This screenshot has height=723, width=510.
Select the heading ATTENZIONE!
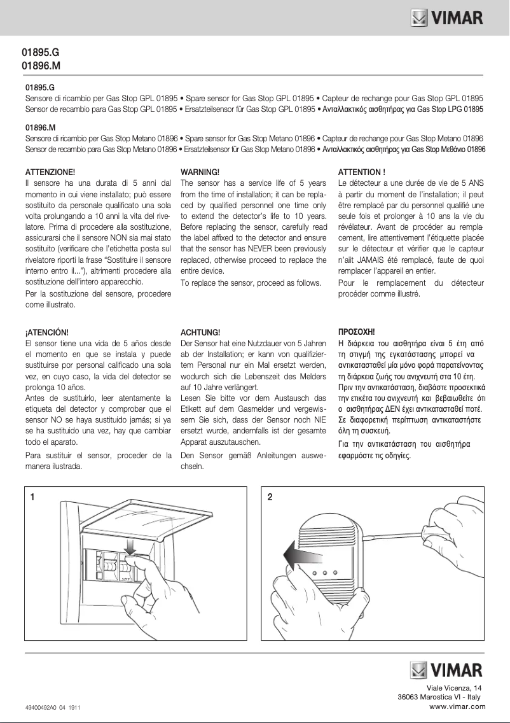click(x=50, y=172)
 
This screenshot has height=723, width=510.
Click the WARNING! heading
click(x=200, y=172)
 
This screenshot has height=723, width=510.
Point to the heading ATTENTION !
click(x=362, y=172)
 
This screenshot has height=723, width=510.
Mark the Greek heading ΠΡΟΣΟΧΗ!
click(x=357, y=332)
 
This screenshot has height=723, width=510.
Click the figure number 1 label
click(x=32, y=497)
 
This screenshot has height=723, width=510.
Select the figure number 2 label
click(x=270, y=497)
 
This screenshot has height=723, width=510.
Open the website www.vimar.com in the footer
click(x=457, y=706)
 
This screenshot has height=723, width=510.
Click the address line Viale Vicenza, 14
click(x=454, y=688)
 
